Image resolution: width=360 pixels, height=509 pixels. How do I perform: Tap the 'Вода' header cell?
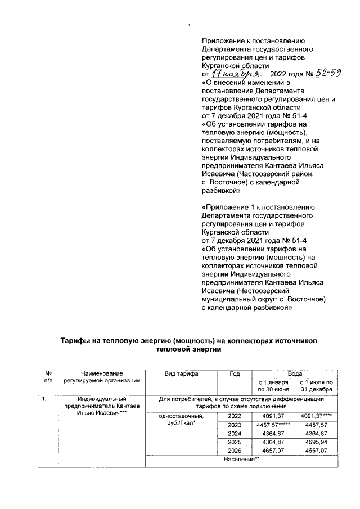coord(295,372)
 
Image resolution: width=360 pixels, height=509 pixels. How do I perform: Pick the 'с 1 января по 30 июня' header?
coord(273,385)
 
